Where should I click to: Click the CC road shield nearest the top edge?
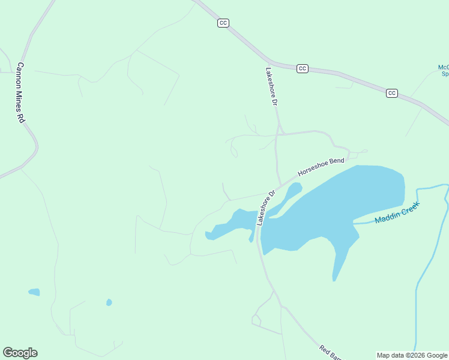[x=223, y=23]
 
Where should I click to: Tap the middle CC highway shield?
[x=303, y=68]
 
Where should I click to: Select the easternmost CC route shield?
[x=392, y=93]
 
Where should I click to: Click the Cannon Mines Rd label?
[x=20, y=93]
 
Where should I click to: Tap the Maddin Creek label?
[x=397, y=213]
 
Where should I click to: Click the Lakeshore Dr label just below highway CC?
[x=271, y=87]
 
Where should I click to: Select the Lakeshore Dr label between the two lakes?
[x=265, y=208]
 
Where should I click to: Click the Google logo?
[x=20, y=353]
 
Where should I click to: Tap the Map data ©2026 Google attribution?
[x=412, y=355]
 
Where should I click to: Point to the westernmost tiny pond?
[x=34, y=292]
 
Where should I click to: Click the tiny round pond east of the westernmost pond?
[x=109, y=302]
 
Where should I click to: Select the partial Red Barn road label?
[x=330, y=353]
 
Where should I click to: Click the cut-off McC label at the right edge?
[x=444, y=70]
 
